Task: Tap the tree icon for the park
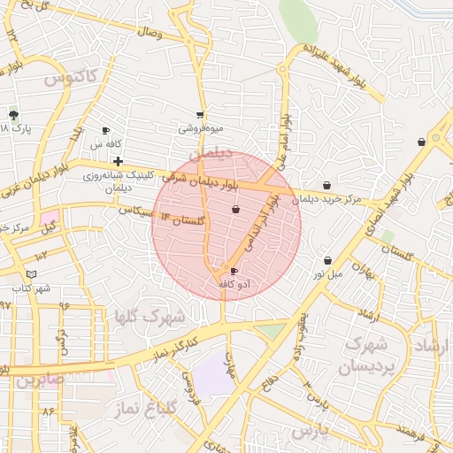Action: tap(13, 115)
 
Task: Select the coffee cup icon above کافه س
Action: tap(106, 131)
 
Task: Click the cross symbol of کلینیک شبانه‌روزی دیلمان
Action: tap(118, 161)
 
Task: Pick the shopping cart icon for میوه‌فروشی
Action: tap(201, 115)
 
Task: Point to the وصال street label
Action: tap(149, 32)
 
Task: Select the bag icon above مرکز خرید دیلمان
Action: tap(327, 186)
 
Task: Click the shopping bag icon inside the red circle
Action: tap(235, 210)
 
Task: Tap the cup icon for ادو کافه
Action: tap(234, 272)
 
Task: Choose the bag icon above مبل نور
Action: tap(328, 261)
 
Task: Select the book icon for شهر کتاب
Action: tap(32, 275)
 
